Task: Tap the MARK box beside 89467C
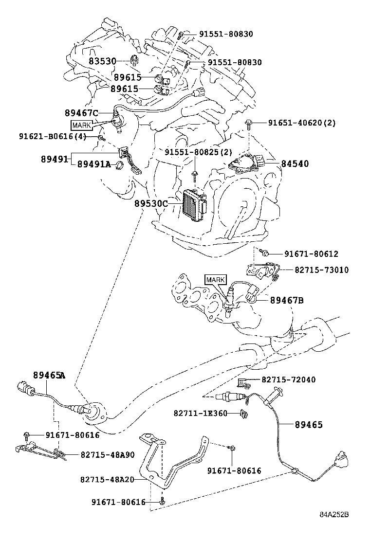pyautogui.click(x=81, y=125)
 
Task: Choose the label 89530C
pyautogui.click(x=151, y=204)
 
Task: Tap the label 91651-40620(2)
pyautogui.click(x=302, y=123)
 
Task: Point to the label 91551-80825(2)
pyautogui.click(x=198, y=152)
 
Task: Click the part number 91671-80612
pyautogui.click(x=311, y=253)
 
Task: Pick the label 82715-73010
pyautogui.click(x=321, y=270)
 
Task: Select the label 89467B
pyautogui.click(x=287, y=301)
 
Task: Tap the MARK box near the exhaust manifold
pyautogui.click(x=215, y=279)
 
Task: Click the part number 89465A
pyautogui.click(x=49, y=375)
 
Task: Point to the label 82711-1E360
pyautogui.click(x=200, y=413)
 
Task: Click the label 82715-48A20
pyautogui.click(x=107, y=479)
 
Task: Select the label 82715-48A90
pyautogui.click(x=107, y=454)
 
